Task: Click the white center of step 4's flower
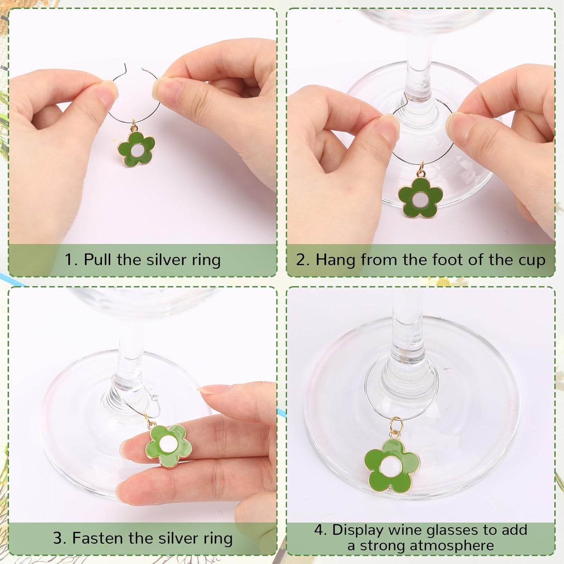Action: coord(391,467)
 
